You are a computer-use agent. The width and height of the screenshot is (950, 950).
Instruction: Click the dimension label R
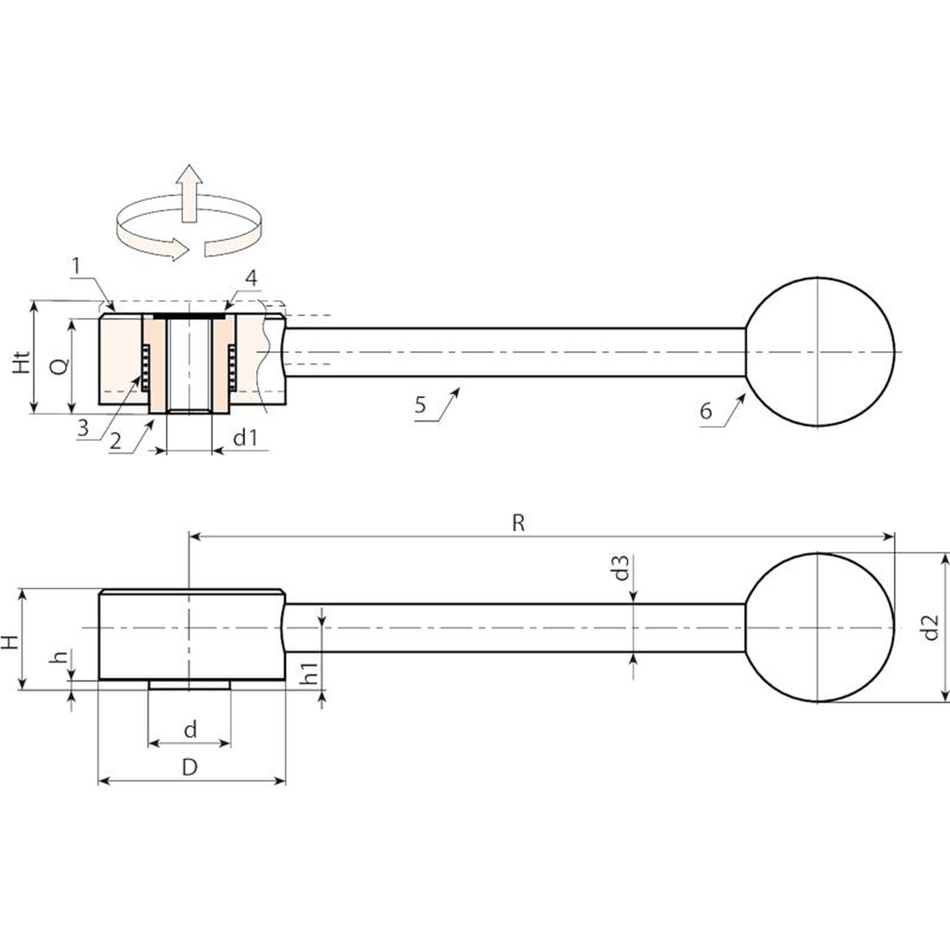[x=518, y=523]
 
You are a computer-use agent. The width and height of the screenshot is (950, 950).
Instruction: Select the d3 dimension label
[x=621, y=568]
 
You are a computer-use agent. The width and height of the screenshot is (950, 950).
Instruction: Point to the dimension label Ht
[x=22, y=362]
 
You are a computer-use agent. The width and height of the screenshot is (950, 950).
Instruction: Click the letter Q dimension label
[x=59, y=366]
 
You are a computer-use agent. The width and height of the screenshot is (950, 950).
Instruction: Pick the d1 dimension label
[x=245, y=438]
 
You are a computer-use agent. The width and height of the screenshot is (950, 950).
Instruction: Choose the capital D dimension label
[x=189, y=768]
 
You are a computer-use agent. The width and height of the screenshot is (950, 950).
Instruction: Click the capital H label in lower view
[x=10, y=642]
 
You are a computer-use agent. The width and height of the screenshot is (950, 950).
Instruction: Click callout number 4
[x=252, y=278]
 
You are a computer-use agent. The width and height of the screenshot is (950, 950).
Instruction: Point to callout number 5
[x=420, y=405]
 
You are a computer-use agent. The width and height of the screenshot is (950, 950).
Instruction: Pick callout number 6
[x=705, y=410]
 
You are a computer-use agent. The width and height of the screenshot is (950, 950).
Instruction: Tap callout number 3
[x=83, y=427]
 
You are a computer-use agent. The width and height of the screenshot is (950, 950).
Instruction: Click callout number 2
[x=115, y=441]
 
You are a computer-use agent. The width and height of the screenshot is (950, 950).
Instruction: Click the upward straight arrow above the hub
[x=189, y=194]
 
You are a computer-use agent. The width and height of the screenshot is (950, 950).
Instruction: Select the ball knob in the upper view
[x=819, y=351]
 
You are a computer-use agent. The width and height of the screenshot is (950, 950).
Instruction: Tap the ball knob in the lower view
[x=819, y=628]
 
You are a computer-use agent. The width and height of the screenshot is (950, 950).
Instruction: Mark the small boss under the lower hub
[x=189, y=685]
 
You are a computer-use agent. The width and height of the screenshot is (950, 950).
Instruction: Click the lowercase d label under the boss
[x=190, y=729]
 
